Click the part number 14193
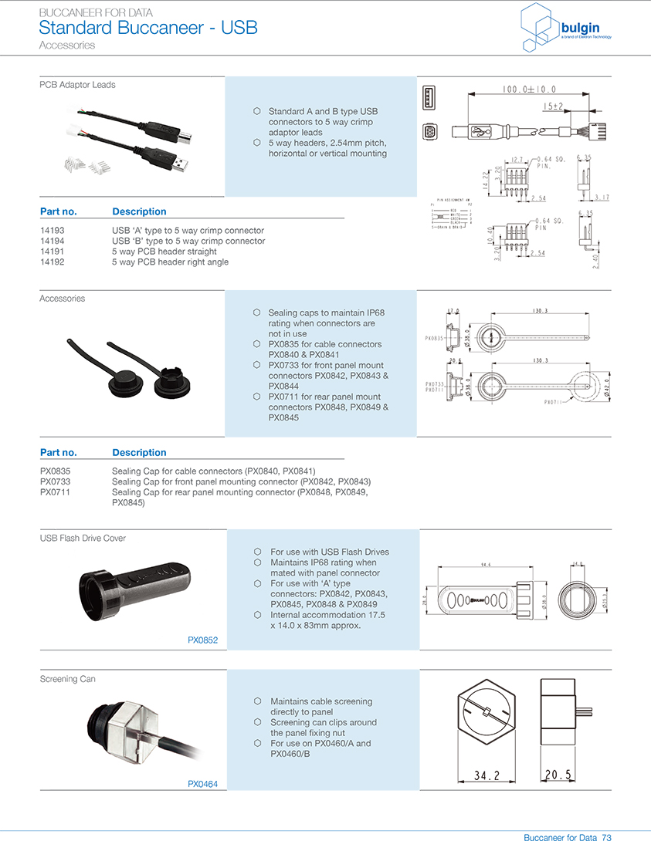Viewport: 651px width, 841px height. coord(53,231)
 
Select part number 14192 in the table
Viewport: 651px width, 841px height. coord(53,262)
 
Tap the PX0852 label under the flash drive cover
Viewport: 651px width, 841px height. coord(203,640)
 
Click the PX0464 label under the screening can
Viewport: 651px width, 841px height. coord(203,784)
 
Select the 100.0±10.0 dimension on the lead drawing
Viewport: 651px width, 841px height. coord(529,90)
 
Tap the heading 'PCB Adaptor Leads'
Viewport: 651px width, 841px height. coord(77,85)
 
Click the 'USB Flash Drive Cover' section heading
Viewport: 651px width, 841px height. coord(83,538)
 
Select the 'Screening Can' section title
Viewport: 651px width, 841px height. coord(68,679)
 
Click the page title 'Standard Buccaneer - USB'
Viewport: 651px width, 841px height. coord(147,29)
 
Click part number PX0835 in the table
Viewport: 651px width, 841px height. coord(55,471)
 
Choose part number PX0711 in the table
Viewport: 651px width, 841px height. coord(55,491)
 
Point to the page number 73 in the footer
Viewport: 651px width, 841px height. coord(607,837)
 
